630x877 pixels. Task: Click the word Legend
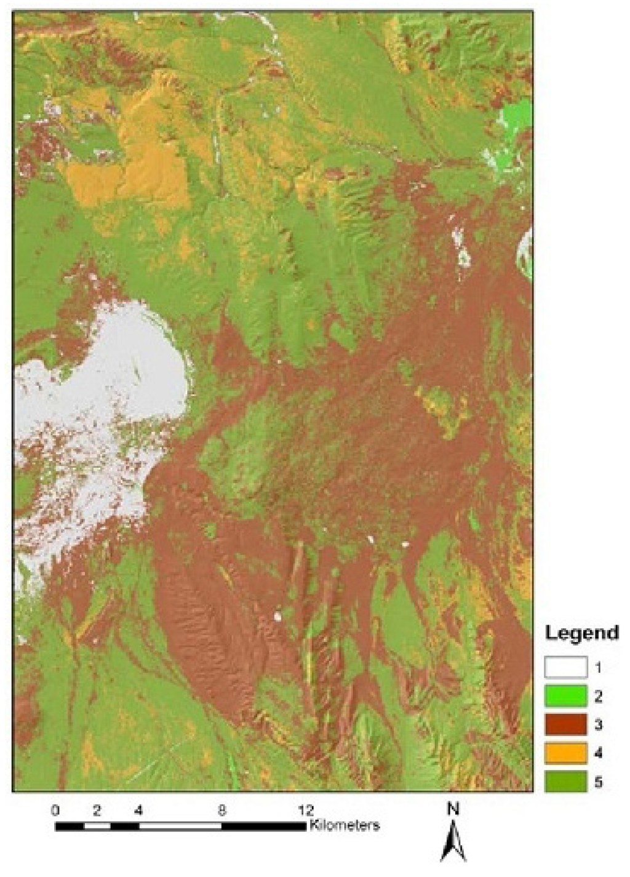point(581,633)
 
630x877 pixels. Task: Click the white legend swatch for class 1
point(565,667)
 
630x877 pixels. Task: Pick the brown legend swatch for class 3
point(565,724)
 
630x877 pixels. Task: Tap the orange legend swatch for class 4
point(565,753)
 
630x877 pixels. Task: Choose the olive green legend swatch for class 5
point(565,782)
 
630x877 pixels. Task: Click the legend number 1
point(599,667)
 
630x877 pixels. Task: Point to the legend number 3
point(599,724)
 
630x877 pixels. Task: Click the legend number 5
point(599,782)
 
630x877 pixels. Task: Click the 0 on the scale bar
point(56,810)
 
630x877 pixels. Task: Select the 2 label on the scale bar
point(97,810)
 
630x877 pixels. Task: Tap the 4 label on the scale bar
point(138,810)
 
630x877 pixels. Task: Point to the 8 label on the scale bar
point(221,810)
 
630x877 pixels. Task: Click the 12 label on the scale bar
point(305,810)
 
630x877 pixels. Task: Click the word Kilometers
point(345,825)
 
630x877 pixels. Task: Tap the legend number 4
point(599,753)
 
